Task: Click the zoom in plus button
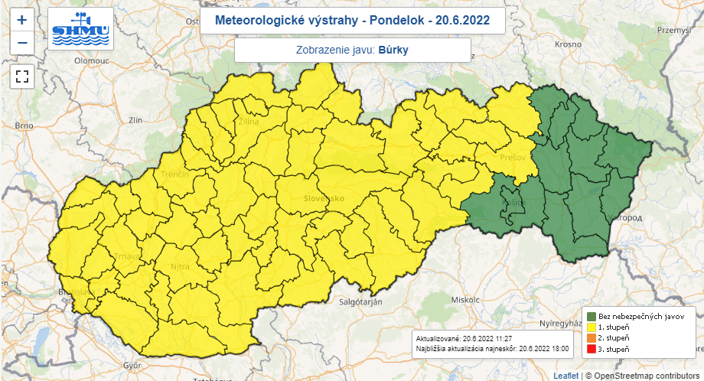[x=22, y=21]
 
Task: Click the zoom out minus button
[x=22, y=43]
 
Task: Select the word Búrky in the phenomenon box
[x=393, y=50]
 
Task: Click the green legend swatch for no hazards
[x=592, y=316]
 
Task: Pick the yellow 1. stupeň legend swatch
[x=592, y=327]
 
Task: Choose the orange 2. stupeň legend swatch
[x=592, y=337]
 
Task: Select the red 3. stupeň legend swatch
[x=592, y=349]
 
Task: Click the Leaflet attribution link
[x=565, y=376]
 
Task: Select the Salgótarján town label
[x=360, y=302]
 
